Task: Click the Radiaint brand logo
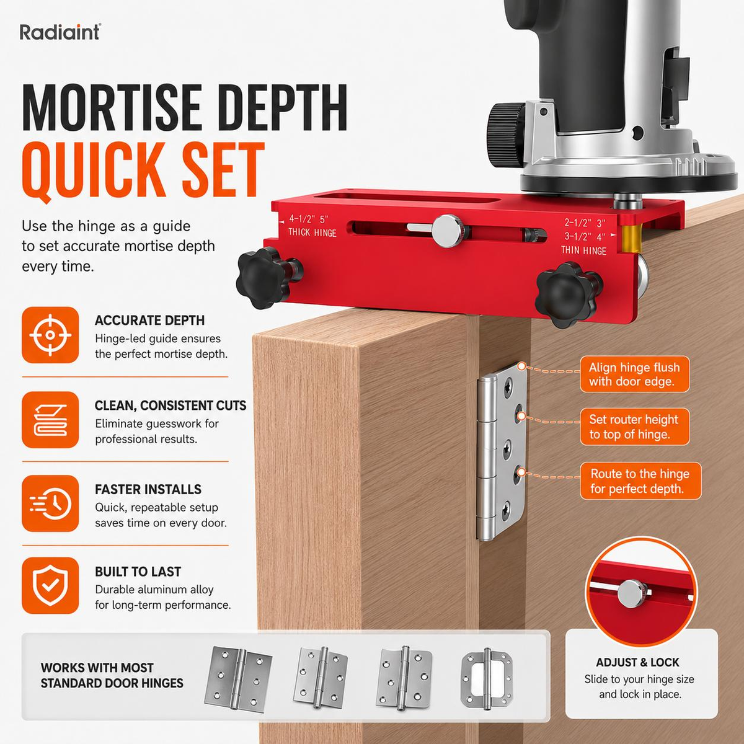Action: tap(60, 32)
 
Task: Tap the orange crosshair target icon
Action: tap(50, 335)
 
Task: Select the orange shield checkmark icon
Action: tap(50, 585)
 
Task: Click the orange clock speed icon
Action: tap(50, 503)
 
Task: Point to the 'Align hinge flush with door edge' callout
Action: tap(634, 374)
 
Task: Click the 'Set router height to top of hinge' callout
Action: tap(634, 427)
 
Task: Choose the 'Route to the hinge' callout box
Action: tap(640, 481)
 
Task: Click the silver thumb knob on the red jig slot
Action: tap(448, 231)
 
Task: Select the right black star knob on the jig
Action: tap(567, 294)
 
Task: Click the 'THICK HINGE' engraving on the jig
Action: tap(312, 233)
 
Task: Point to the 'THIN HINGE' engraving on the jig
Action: tap(583, 250)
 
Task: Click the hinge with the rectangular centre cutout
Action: tap(487, 679)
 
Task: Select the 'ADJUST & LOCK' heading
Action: tap(637, 663)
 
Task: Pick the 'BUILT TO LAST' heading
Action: tap(138, 572)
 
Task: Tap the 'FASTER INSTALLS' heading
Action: tap(148, 490)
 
